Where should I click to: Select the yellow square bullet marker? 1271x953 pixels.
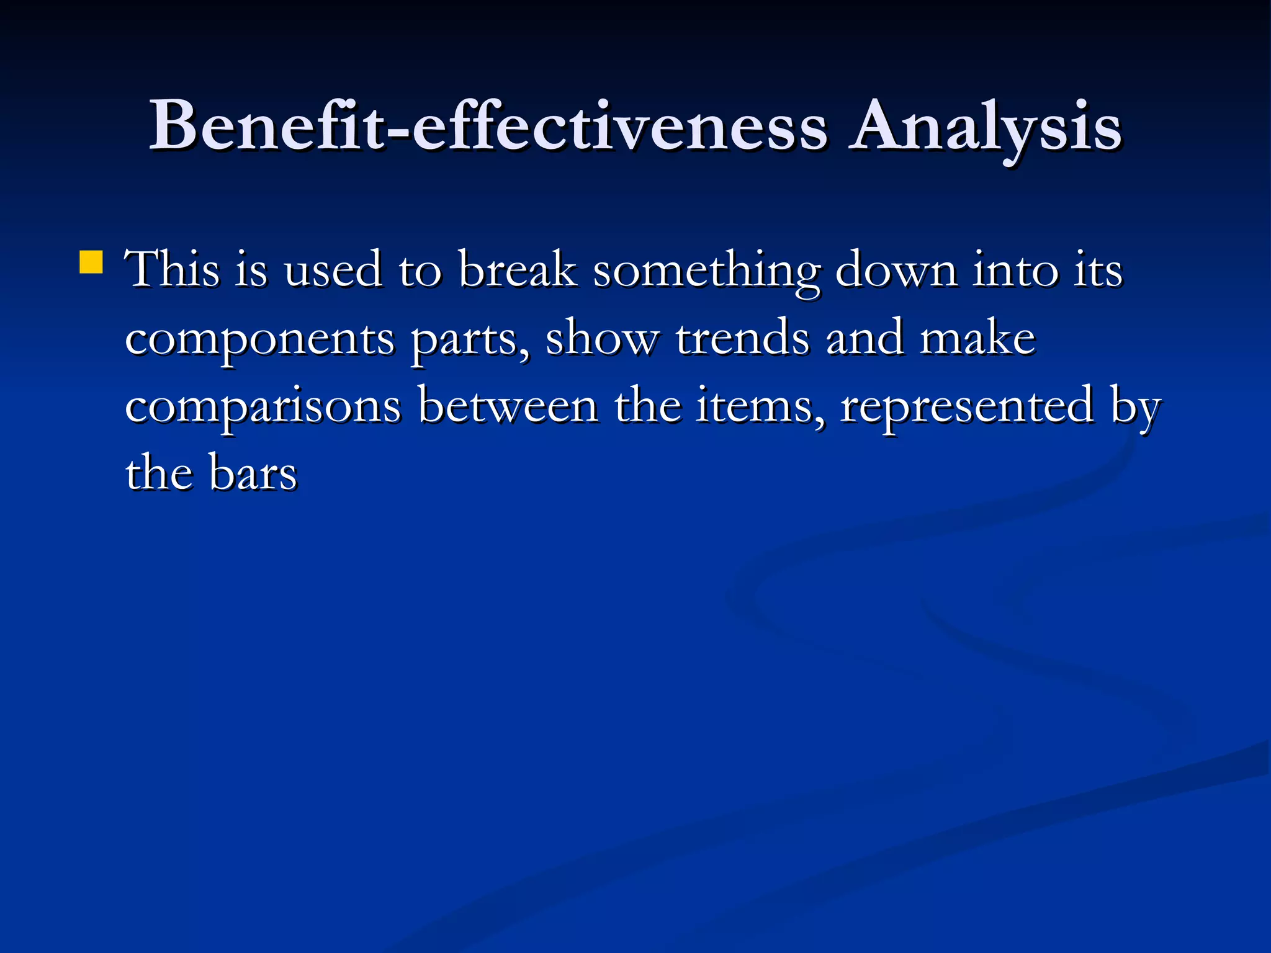[x=91, y=262]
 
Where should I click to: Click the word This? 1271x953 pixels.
[x=173, y=270]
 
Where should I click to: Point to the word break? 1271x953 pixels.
[x=518, y=270]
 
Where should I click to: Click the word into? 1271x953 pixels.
[x=1015, y=270]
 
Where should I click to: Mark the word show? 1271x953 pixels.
[x=602, y=338]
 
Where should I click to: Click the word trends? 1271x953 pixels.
[x=743, y=338]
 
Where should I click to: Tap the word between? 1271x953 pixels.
[x=508, y=406]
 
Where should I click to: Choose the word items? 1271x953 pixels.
[x=760, y=406]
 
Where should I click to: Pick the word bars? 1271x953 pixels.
[x=253, y=473]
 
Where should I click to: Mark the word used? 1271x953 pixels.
[x=333, y=270]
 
